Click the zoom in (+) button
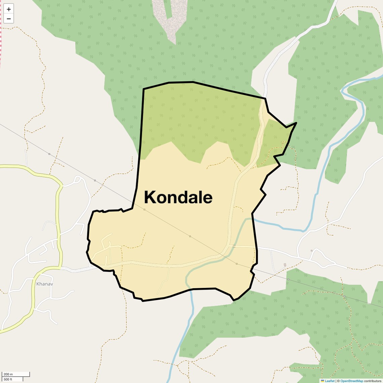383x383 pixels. coord(9,9)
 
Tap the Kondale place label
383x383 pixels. coord(178,197)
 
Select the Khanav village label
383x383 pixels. coord(45,284)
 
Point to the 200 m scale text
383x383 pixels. coord(8,374)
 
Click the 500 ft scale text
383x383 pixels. coord(8,379)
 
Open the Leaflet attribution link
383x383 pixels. coord(330,381)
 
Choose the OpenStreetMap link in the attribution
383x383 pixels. coord(352,381)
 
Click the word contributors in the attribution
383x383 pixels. coord(373,381)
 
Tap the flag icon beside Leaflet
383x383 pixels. coord(323,381)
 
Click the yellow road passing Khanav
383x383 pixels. coord(59,218)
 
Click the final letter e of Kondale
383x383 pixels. coord(207,198)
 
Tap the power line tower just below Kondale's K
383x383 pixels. coord(144,210)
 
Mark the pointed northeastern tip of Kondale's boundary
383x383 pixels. coord(296,123)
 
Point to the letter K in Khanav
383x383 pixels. coord(38,284)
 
